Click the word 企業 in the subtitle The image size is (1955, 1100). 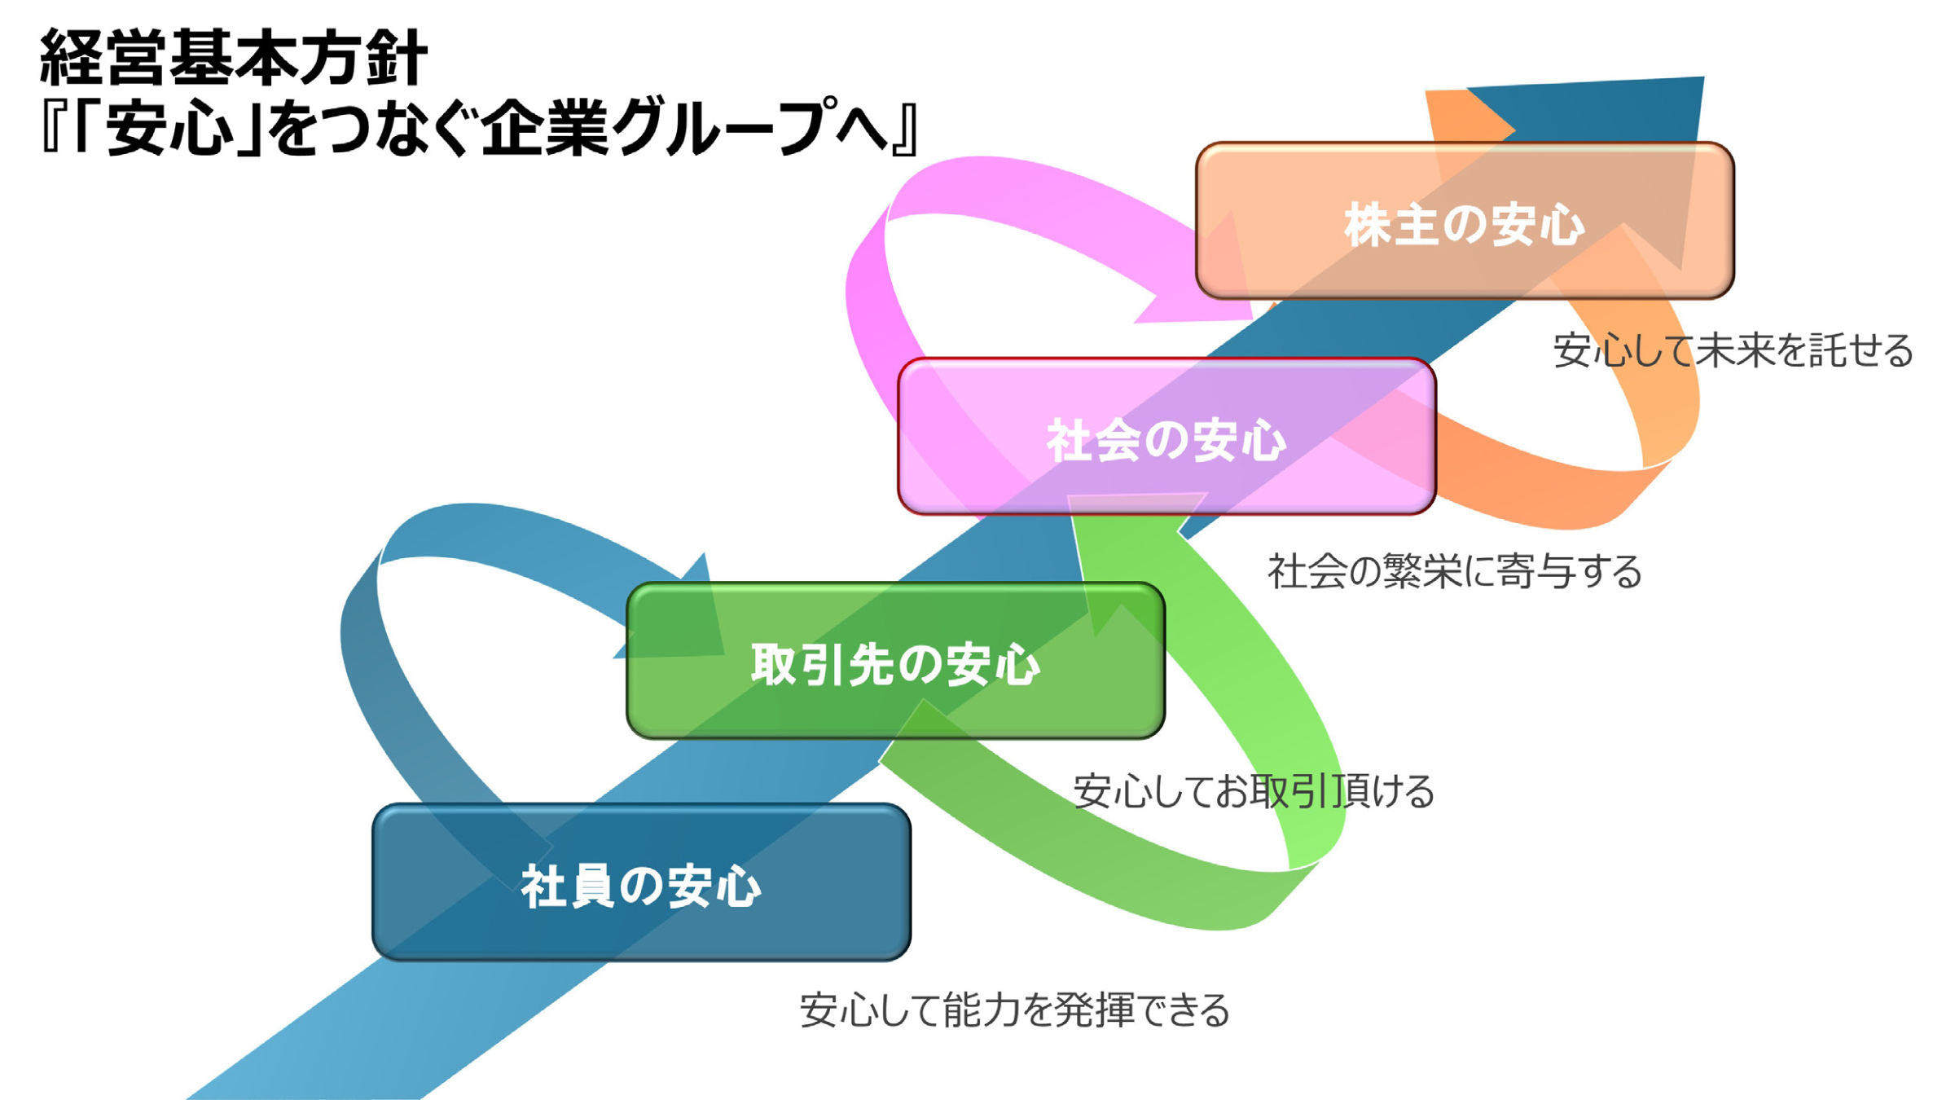[x=544, y=128]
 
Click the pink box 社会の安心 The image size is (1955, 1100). [x=1166, y=438]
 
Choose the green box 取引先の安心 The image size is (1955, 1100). [x=895, y=662]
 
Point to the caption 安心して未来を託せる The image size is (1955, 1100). [x=1733, y=350]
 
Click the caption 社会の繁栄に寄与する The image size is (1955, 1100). [x=1454, y=571]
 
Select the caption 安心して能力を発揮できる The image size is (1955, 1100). [x=1014, y=1010]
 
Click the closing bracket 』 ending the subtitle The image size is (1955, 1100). [x=906, y=128]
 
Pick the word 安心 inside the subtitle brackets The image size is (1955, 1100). [x=169, y=128]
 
